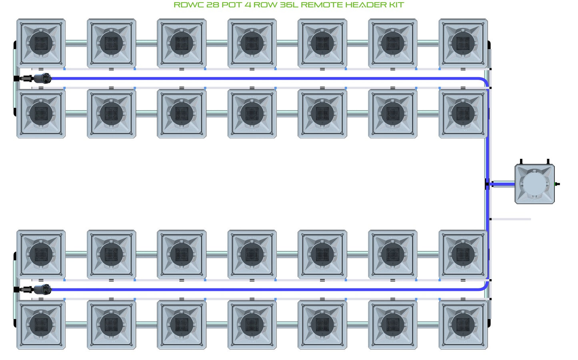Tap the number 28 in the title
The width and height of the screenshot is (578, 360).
pyautogui.click(x=213, y=5)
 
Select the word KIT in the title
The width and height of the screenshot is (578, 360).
pyautogui.click(x=397, y=5)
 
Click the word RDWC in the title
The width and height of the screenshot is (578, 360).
pyautogui.click(x=189, y=5)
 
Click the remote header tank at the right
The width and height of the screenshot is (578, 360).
pyautogui.click(x=535, y=184)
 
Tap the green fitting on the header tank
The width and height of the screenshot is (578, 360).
pyautogui.click(x=556, y=184)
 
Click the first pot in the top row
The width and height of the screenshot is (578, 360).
pyautogui.click(x=41, y=43)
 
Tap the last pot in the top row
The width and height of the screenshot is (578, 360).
pyautogui.click(x=463, y=43)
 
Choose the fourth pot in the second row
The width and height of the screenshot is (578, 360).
pyautogui.click(x=252, y=114)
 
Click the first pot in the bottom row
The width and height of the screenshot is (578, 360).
pyautogui.click(x=41, y=325)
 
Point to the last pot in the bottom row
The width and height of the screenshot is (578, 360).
pyautogui.click(x=463, y=325)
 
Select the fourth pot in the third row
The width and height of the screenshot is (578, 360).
pyautogui.click(x=252, y=254)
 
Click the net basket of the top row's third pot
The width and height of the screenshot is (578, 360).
pyautogui.click(x=182, y=43)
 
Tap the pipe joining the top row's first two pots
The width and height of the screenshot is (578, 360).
pyautogui.click(x=76, y=43)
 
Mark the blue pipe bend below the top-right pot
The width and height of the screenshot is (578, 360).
pyautogui.click(x=484, y=81)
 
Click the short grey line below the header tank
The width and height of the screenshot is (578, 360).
pyautogui.click(x=510, y=219)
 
